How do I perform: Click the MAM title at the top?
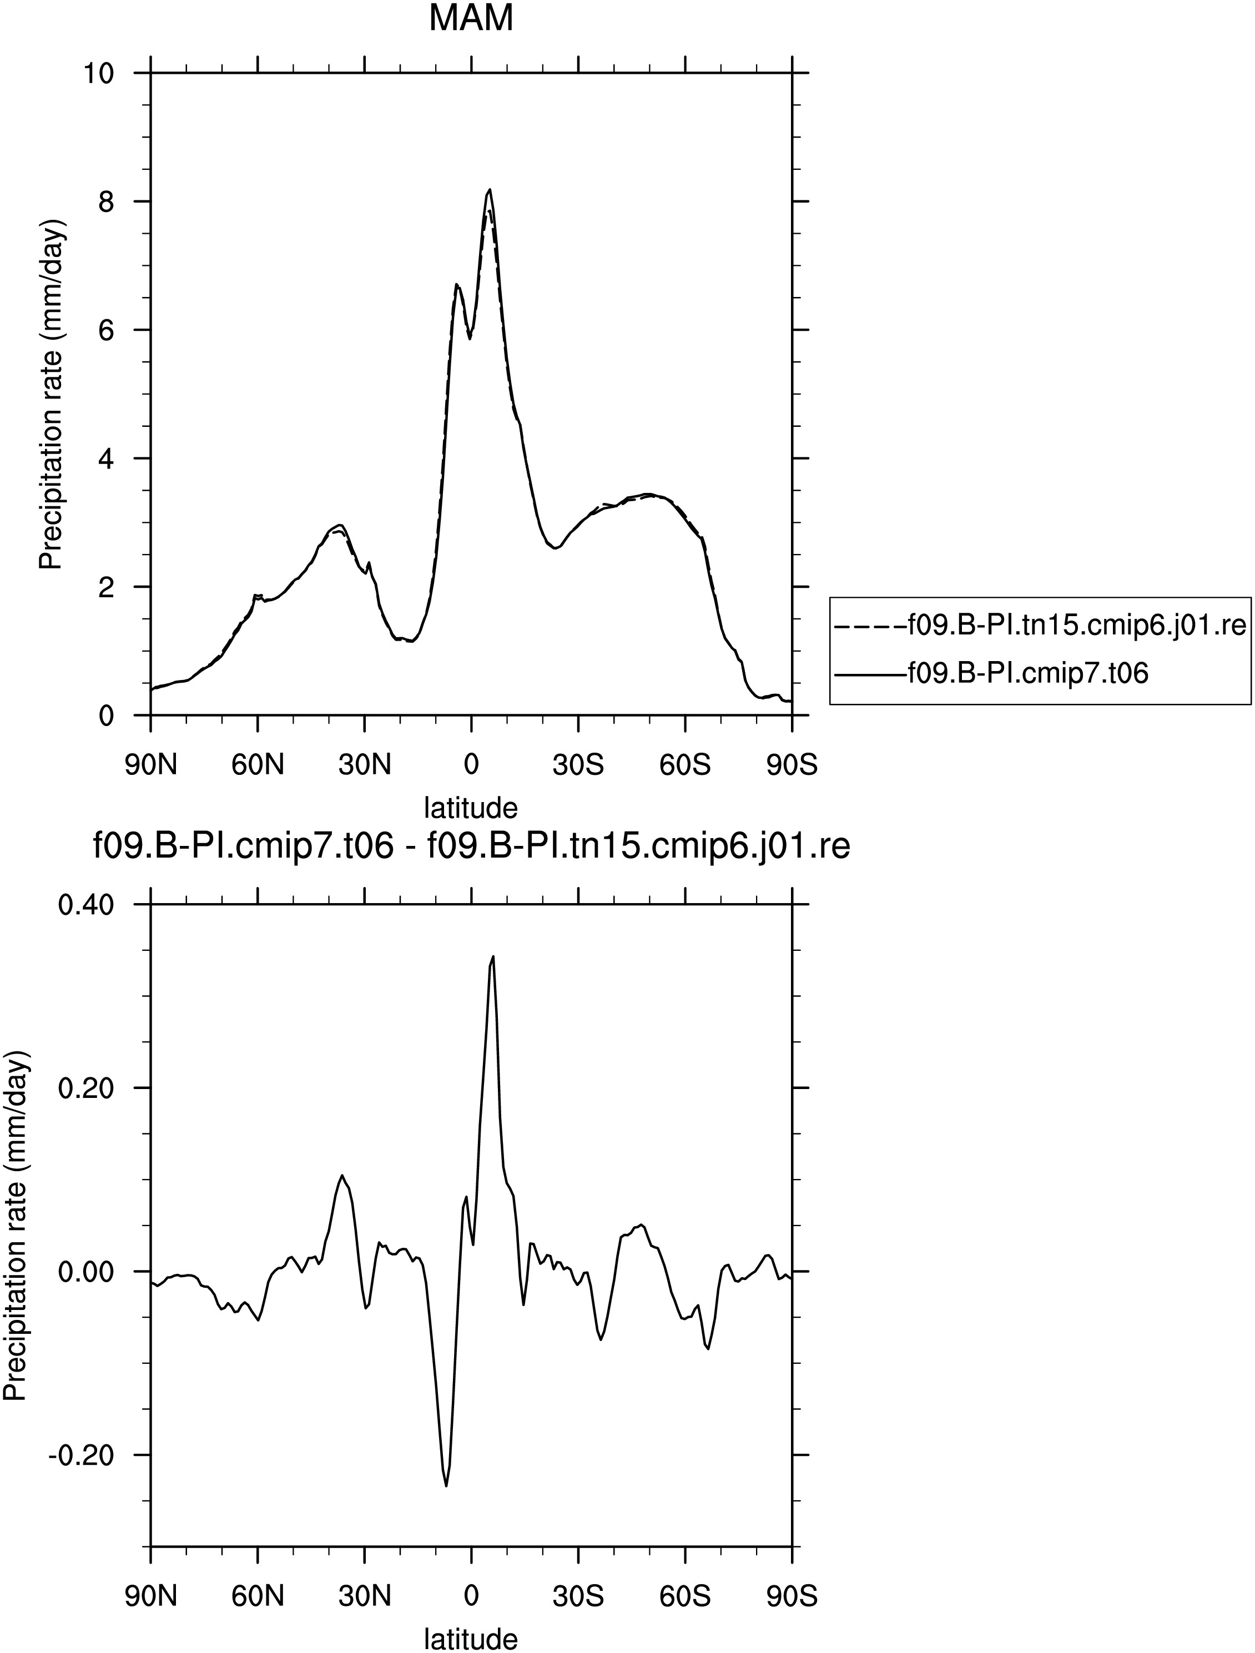click(x=471, y=19)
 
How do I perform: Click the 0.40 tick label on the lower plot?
click(x=87, y=905)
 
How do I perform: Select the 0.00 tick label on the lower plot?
click(x=87, y=1272)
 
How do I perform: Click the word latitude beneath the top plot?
click(x=471, y=808)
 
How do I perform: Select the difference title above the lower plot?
click(x=471, y=848)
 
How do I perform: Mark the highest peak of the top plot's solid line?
click(x=490, y=189)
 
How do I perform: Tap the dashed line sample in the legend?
click(x=869, y=626)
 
